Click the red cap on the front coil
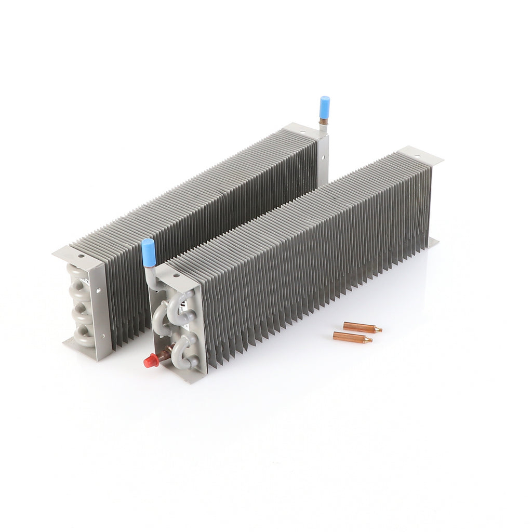[x=151, y=361]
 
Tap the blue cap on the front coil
[x=149, y=252]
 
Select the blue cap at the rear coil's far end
[x=325, y=105]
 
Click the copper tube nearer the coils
[x=362, y=327]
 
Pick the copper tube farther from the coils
[x=353, y=338]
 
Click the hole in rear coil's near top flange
[x=81, y=256]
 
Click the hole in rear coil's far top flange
[x=301, y=131]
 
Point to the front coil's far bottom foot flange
[x=432, y=242]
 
